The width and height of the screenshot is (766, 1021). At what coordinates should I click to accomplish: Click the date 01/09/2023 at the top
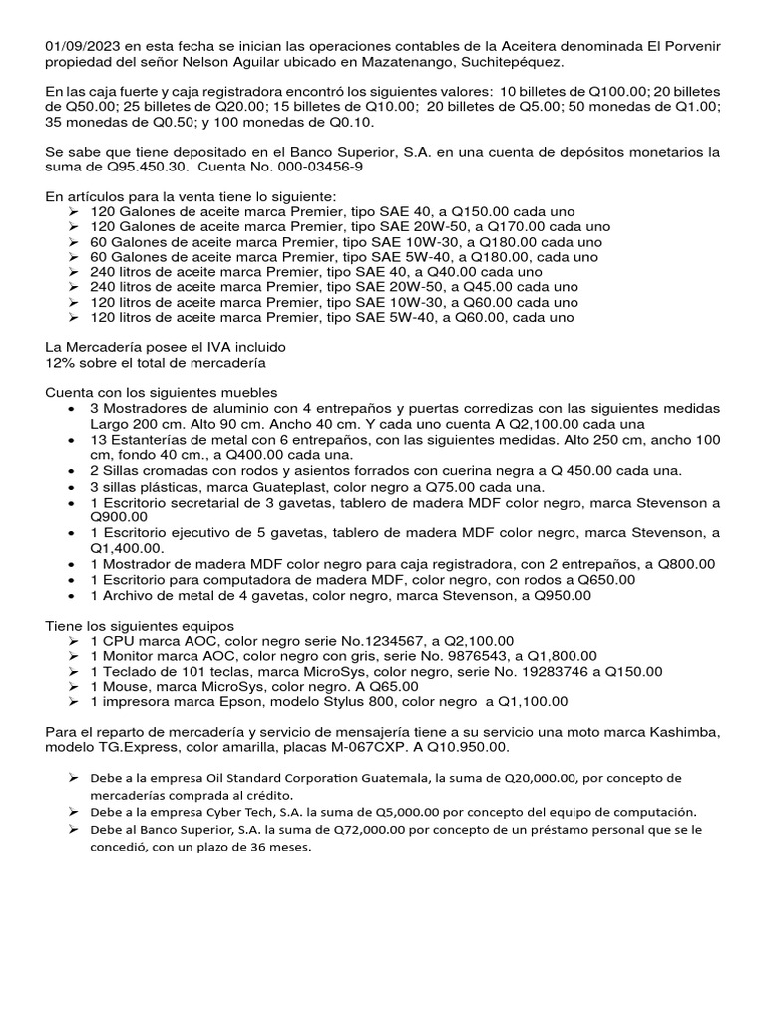click(x=84, y=47)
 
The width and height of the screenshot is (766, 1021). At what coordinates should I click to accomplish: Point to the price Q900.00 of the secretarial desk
click(x=119, y=516)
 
